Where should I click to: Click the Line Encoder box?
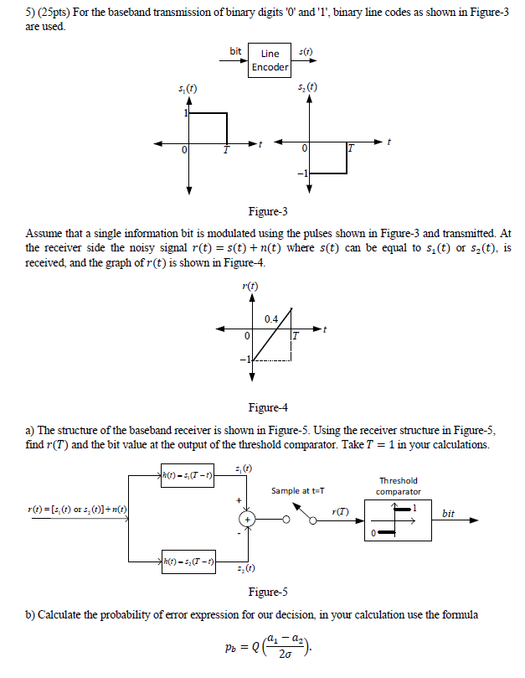coord(270,60)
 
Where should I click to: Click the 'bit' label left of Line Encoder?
coord(236,52)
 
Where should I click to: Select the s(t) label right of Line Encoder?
coord(306,52)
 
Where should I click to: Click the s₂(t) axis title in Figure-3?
coord(307,88)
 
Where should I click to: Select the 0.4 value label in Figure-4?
coord(271,318)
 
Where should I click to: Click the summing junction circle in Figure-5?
coord(248,516)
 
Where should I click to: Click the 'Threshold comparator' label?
coord(398,486)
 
